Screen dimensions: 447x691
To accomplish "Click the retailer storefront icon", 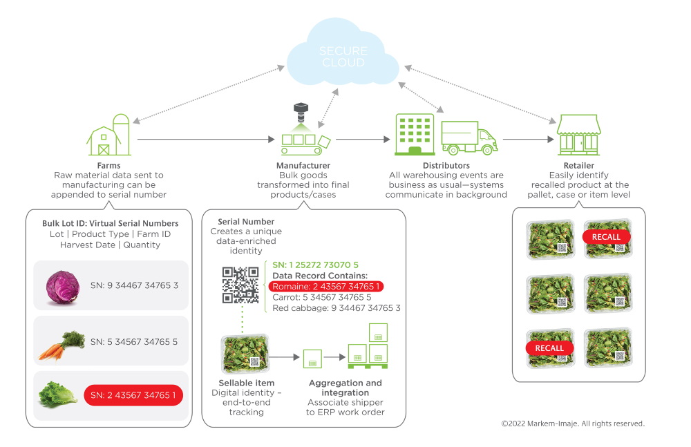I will pyautogui.click(x=578, y=135).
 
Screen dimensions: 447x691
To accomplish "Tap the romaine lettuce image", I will pyautogui.click(x=59, y=396).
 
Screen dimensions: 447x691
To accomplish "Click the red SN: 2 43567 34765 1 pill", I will pyautogui.click(x=133, y=396).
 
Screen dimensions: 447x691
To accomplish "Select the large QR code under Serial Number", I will pyautogui.click(x=240, y=285).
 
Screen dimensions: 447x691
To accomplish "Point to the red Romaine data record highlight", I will pyautogui.click(x=327, y=286).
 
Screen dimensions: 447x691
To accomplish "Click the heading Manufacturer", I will pyautogui.click(x=303, y=166).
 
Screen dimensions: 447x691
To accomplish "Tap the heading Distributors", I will pyautogui.click(x=446, y=166).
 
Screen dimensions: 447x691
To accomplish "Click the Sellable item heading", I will pyautogui.click(x=247, y=383).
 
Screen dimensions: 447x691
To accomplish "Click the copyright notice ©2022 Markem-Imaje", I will pyautogui.click(x=573, y=424).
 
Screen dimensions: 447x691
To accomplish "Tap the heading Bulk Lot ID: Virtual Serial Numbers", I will pyautogui.click(x=110, y=223).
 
